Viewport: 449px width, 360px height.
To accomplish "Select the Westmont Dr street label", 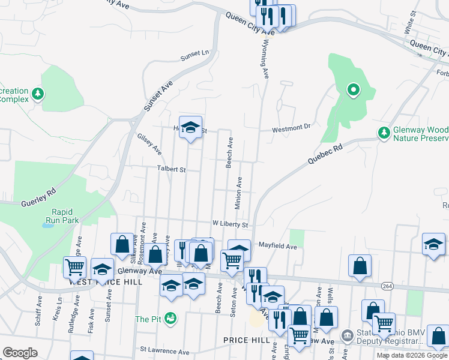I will point(291,127).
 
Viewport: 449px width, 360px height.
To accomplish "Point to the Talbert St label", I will point(172,170).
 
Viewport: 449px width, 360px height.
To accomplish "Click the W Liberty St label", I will point(231,224).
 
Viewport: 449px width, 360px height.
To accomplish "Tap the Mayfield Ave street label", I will point(278,246).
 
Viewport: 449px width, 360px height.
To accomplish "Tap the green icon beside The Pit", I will point(172,317).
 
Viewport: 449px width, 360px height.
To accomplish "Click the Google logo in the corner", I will point(20,353).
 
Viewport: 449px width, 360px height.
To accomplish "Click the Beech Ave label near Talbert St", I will point(229,152).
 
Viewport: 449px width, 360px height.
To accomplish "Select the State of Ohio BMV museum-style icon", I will point(347,335).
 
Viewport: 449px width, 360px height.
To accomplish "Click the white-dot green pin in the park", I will point(354,91).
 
